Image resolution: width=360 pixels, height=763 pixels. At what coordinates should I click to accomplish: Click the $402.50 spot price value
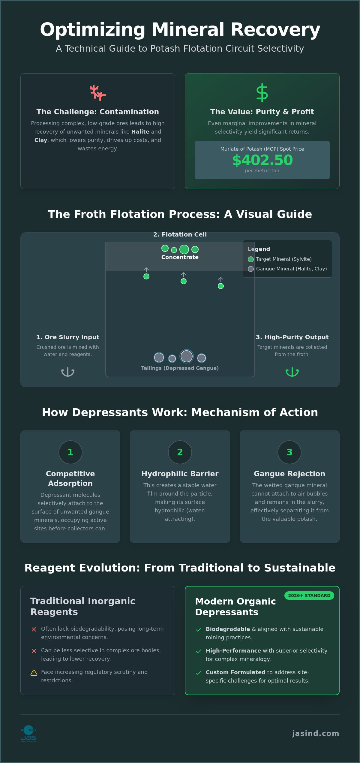262,160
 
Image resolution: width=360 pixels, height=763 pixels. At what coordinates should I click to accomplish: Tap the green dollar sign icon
262,92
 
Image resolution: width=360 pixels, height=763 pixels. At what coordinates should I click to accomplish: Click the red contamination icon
98,93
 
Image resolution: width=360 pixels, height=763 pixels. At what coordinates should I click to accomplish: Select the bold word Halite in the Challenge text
140,131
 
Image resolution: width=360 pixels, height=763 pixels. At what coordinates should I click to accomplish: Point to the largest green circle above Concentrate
184,249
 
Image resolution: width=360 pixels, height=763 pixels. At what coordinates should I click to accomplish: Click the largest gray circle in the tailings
187,356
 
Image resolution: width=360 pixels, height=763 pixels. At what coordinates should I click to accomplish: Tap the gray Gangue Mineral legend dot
251,269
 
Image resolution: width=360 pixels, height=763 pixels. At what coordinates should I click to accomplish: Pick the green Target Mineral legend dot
251,259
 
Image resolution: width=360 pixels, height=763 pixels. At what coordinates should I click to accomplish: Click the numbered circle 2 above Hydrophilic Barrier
180,452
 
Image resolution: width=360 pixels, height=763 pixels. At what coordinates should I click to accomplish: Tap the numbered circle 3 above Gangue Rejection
289,452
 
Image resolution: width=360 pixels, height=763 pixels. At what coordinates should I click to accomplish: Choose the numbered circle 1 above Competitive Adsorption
70,452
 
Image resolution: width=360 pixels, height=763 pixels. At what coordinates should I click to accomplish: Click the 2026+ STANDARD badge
309,596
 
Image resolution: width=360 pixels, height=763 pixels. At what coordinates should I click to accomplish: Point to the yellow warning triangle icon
34,673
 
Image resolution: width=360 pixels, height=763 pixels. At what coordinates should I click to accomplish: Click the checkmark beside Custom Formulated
199,673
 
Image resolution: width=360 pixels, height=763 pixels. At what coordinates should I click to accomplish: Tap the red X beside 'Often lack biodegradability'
34,629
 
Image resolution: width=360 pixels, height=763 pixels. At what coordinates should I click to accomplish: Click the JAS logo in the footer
28,734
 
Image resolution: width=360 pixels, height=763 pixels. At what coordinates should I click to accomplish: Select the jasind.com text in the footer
316,733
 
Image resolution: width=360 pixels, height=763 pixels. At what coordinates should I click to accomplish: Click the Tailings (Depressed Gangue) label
180,368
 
